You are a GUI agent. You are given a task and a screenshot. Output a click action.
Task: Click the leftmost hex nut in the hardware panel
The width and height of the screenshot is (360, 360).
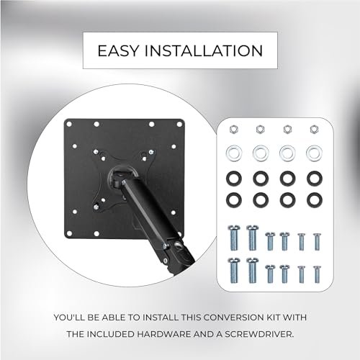coord(234,130)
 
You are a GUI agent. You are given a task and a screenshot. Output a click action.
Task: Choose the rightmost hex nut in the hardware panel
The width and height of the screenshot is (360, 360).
coord(313,130)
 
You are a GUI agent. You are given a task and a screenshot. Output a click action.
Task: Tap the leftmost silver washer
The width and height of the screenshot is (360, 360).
coord(234,153)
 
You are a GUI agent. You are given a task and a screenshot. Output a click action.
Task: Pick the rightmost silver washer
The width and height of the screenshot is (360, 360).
coord(313,153)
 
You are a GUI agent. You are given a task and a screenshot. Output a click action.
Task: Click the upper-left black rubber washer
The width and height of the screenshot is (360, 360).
coord(234,176)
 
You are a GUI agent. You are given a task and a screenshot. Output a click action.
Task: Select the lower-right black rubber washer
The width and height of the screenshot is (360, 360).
coord(313,198)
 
